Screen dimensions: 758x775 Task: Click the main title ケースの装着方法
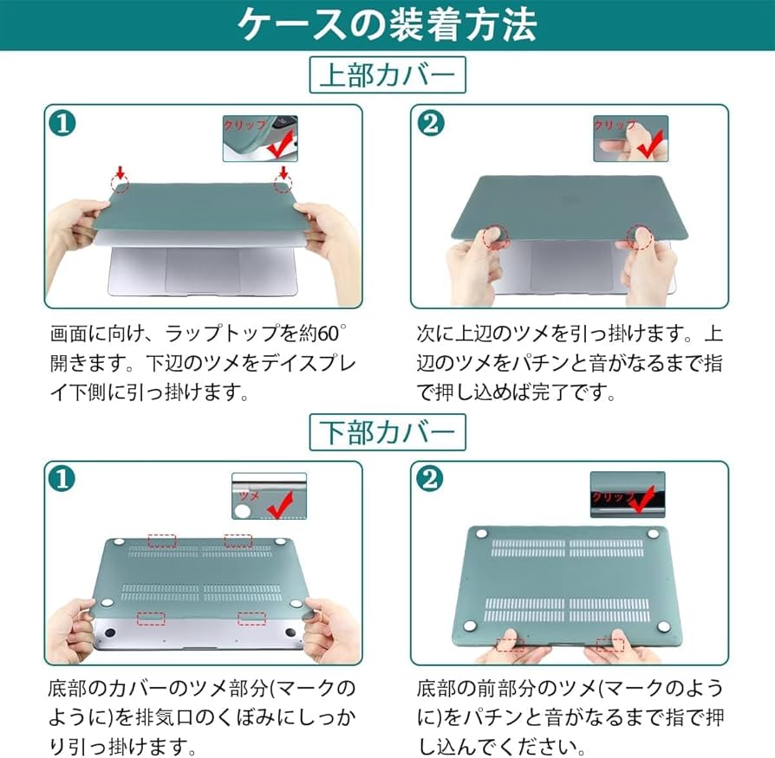click(387, 25)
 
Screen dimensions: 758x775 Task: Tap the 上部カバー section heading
click(387, 75)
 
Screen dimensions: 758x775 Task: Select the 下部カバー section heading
click(387, 431)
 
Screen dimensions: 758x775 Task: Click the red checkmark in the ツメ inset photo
click(278, 502)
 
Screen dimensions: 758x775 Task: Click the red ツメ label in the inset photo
click(249, 496)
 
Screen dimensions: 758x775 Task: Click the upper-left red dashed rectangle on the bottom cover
click(162, 541)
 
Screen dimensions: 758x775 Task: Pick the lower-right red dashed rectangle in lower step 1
click(251, 618)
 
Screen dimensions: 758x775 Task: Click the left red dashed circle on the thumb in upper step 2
click(496, 238)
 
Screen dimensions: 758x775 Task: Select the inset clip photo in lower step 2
click(627, 496)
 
